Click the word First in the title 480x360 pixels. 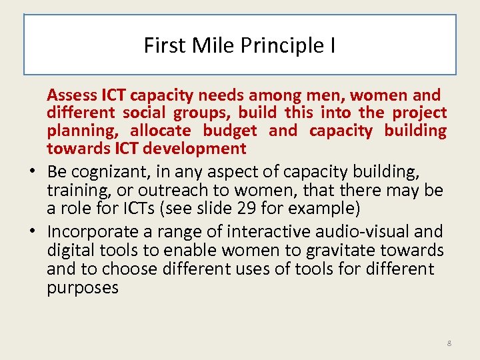[x=160, y=46]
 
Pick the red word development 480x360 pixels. [x=196, y=148]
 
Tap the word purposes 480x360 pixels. [x=83, y=288]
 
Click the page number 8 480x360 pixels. [x=449, y=343]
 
